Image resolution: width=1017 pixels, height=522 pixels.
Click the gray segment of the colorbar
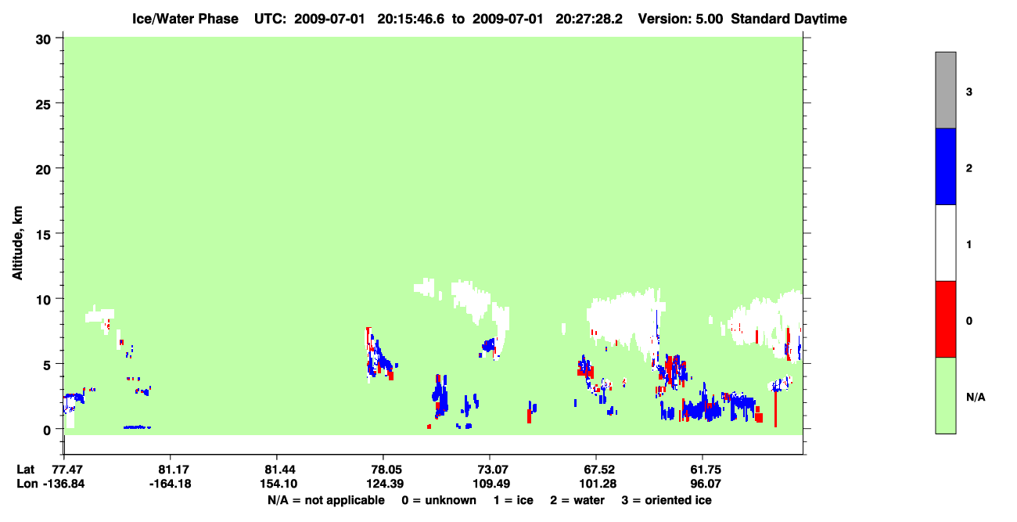[x=945, y=90]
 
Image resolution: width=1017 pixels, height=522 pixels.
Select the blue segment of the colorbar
[x=945, y=166]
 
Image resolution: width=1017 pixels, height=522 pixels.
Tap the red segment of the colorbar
[x=945, y=319]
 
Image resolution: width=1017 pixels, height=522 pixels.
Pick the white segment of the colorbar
[x=945, y=243]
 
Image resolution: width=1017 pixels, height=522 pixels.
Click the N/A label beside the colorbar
[x=976, y=397]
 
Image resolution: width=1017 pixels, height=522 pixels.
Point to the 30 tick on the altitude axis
[x=44, y=40]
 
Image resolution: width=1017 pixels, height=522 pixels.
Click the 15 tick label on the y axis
[x=44, y=234]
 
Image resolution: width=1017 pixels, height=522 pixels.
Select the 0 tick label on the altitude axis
[x=47, y=430]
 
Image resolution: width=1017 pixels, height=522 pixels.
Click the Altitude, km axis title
[x=17, y=243]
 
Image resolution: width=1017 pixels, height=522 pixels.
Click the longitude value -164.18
[x=171, y=484]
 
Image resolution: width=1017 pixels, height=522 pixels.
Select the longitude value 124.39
[x=385, y=484]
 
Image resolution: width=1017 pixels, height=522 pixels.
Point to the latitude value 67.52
[x=598, y=470]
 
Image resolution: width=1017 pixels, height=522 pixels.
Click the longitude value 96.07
[x=706, y=484]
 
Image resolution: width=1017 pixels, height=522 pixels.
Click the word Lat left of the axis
[x=25, y=470]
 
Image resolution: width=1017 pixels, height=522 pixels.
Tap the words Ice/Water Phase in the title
[x=185, y=19]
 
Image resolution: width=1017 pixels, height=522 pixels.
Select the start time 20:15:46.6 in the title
[x=411, y=19]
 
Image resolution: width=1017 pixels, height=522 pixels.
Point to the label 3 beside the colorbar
[x=969, y=92]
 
